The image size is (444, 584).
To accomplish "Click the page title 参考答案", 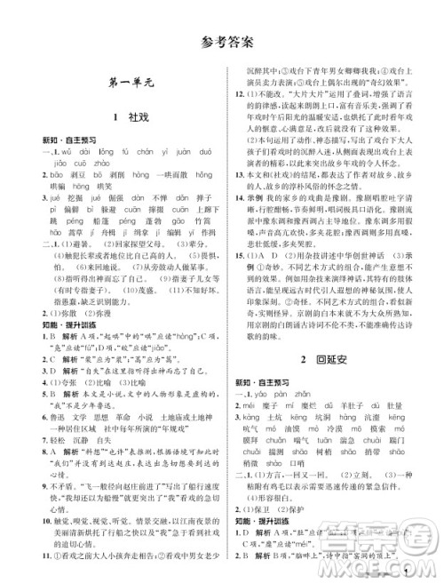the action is click(x=222, y=42).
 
